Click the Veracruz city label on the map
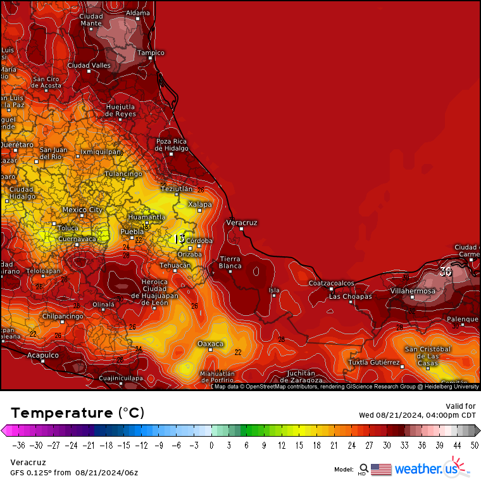[x=242, y=223]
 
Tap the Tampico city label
[x=151, y=53]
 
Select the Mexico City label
[x=82, y=209]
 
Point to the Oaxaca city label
[x=211, y=344]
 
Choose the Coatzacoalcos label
[x=331, y=283]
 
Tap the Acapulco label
[x=43, y=355]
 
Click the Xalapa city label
[x=199, y=204]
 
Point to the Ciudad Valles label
[x=89, y=65]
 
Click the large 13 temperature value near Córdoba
[x=179, y=239]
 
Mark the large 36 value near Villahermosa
[x=446, y=272]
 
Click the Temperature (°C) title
[x=78, y=413]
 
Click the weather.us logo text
[x=426, y=469]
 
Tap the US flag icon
[x=381, y=469]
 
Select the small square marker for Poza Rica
[x=171, y=154]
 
